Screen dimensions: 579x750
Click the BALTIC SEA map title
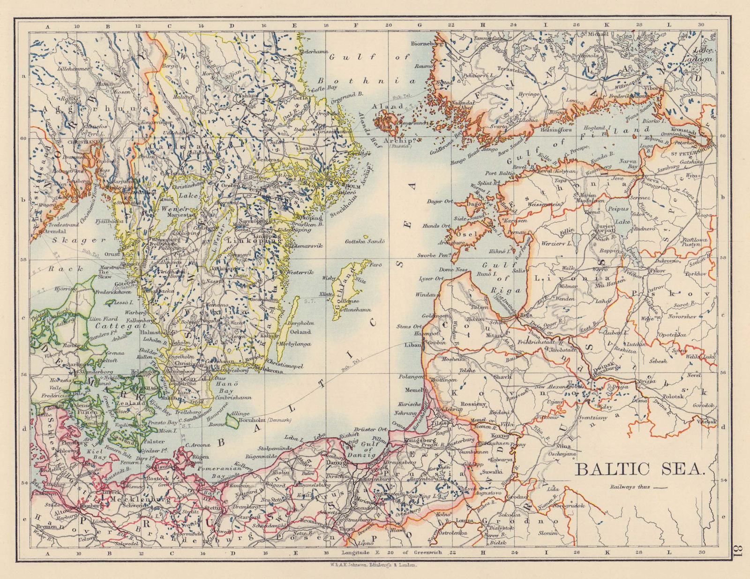tap(640, 468)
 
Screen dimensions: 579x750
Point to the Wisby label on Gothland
tap(329, 278)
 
